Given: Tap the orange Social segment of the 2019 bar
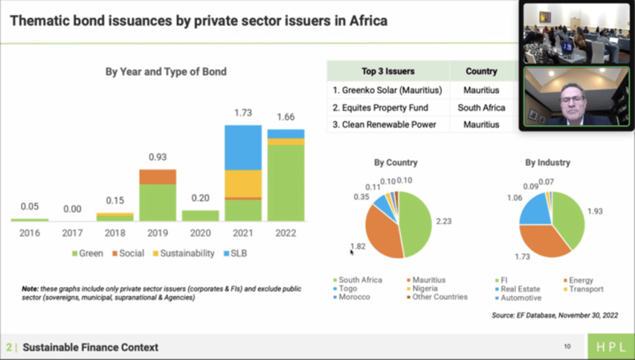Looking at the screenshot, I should (x=158, y=176).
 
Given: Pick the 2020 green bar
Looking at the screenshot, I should (x=200, y=215).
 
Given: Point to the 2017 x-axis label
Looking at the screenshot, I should (x=72, y=234).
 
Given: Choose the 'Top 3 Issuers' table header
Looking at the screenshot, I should (x=388, y=71).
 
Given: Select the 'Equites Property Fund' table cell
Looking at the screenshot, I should (x=381, y=107).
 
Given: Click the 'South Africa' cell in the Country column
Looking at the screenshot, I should (x=481, y=107).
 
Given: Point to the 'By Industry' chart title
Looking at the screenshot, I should (x=547, y=163).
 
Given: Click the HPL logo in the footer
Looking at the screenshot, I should (x=611, y=347).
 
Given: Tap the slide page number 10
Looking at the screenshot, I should (x=567, y=346).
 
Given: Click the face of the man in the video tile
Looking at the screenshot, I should (x=571, y=99).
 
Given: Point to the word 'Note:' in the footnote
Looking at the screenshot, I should (x=30, y=289).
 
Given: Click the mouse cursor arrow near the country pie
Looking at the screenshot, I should (x=352, y=251).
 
